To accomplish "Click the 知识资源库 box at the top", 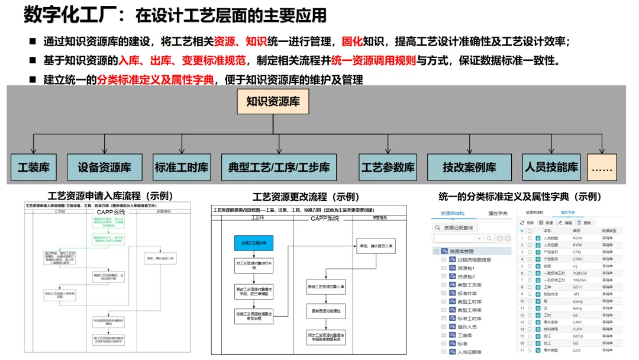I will click(x=273, y=102).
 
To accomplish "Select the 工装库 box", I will click(x=33, y=168).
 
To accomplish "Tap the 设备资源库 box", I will click(x=104, y=168).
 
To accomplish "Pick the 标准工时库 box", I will click(x=182, y=168).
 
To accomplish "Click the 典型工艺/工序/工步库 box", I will click(x=279, y=168).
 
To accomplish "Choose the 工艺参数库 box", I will click(x=388, y=168).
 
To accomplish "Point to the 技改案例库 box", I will click(x=469, y=168).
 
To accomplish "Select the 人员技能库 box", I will click(x=551, y=168).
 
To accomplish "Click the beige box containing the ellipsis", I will click(x=602, y=168).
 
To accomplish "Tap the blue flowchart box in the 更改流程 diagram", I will click(x=254, y=243).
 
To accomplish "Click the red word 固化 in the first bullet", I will click(x=353, y=42).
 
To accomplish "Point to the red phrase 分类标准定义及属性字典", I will click(x=155, y=79).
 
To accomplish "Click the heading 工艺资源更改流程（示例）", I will click(x=306, y=197).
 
